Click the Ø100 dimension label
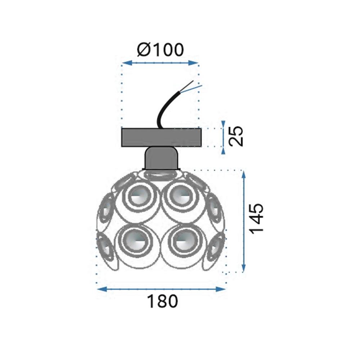[x=160, y=50]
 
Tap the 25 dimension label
[x=236, y=136]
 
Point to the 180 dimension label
[x=162, y=301]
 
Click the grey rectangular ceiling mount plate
[x=161, y=138]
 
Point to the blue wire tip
[x=202, y=86]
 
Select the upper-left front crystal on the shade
[x=139, y=197]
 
